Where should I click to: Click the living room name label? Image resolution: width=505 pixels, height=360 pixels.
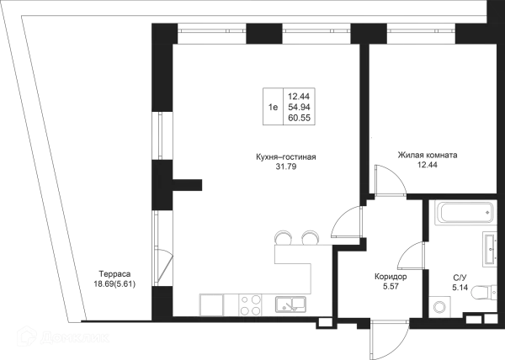tap(286, 158)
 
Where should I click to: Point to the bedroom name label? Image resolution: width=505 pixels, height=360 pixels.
tap(428, 156)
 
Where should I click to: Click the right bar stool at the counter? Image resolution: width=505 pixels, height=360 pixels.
tap(311, 236)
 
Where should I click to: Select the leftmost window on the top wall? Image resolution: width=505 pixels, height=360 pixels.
tap(214, 37)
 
